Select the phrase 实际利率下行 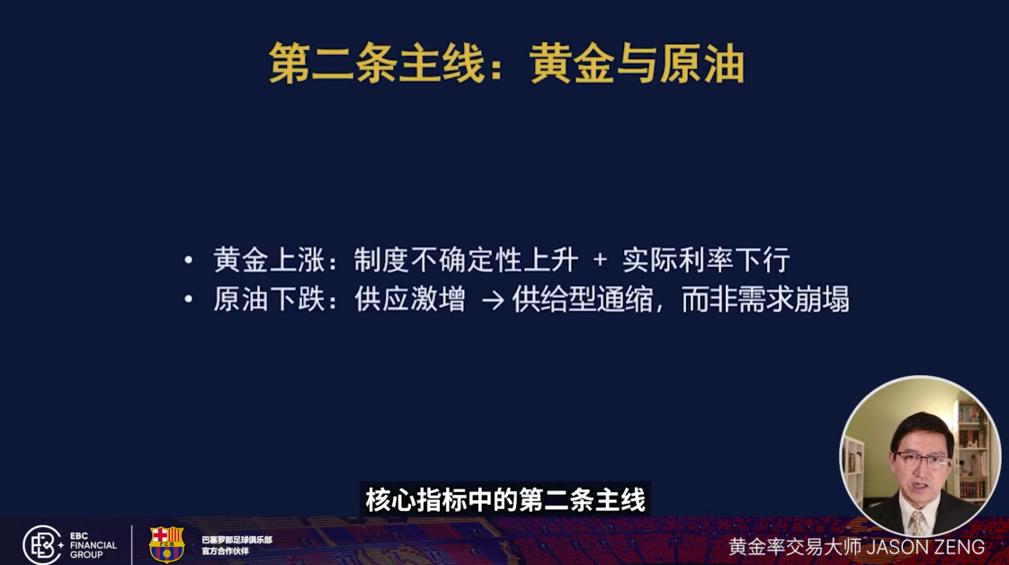click(706, 261)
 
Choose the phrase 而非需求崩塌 click(764, 300)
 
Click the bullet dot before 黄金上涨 click(189, 261)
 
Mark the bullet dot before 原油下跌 click(189, 300)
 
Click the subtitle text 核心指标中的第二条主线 click(505, 500)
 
